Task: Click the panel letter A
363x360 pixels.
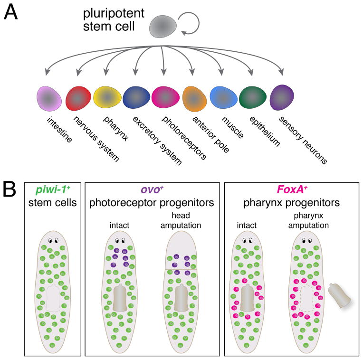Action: click(x=11, y=12)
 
